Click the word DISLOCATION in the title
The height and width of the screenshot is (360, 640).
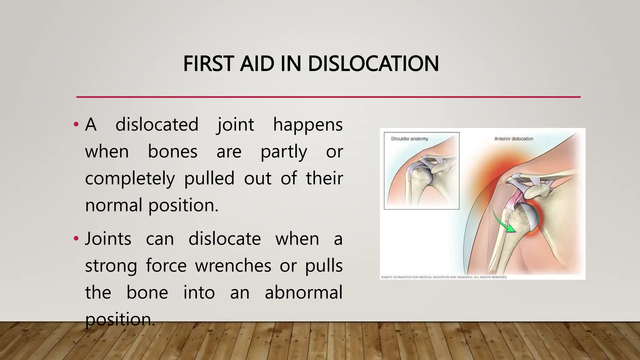(373, 64)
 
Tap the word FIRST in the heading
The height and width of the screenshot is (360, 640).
(208, 64)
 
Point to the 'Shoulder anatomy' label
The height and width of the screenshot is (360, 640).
(409, 139)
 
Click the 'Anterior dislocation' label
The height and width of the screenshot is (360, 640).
(514, 139)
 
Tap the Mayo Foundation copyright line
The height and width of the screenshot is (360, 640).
(444, 277)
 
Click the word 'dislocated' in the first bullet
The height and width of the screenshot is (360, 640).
(157, 124)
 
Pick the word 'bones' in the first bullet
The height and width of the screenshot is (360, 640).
(172, 152)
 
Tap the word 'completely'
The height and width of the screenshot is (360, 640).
(130, 179)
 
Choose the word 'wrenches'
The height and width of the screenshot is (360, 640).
(233, 266)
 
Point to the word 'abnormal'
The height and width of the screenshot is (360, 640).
(303, 292)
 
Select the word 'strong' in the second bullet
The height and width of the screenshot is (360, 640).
(111, 266)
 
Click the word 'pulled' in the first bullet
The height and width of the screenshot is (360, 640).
(209, 178)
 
